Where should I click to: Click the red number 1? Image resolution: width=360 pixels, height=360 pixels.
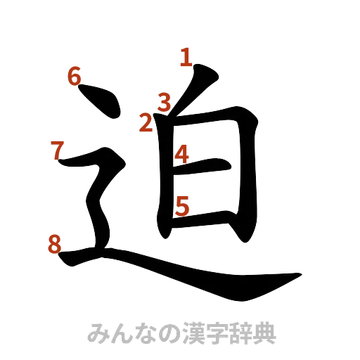point(186,57)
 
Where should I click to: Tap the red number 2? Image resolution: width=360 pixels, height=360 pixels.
point(146,124)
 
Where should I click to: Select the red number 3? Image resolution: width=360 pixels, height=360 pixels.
point(165,103)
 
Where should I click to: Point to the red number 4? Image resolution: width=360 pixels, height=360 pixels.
point(181,154)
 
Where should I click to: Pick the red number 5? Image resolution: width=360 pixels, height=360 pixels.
point(181,206)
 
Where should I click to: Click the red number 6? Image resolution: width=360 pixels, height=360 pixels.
point(75,76)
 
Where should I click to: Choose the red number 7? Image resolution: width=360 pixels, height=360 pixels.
point(59,150)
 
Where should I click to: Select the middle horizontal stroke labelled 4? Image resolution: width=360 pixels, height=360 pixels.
point(207,167)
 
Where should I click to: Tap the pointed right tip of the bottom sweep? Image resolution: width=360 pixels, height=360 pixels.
point(301,276)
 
